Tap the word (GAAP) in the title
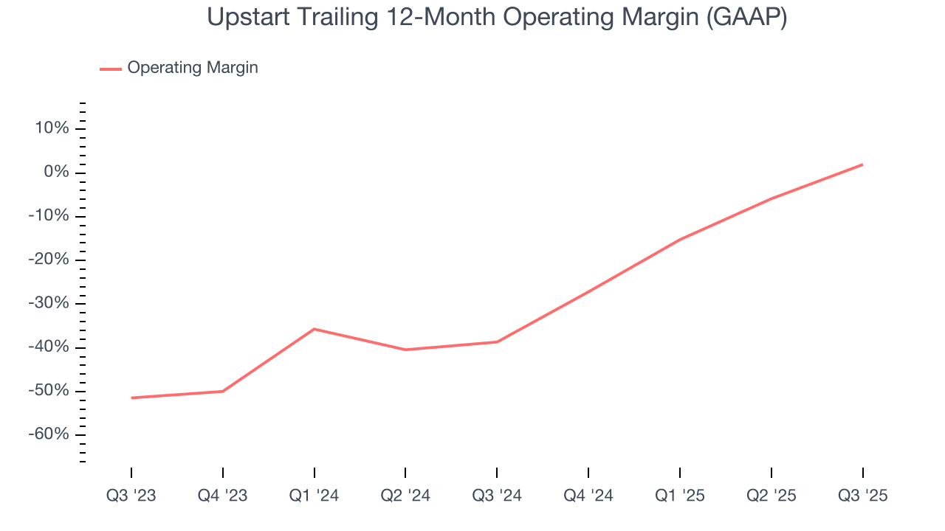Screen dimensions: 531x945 [746, 16]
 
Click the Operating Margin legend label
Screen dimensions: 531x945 [193, 68]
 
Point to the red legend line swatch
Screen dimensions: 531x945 [111, 69]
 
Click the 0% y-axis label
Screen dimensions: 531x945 [56, 173]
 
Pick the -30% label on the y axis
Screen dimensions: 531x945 [49, 304]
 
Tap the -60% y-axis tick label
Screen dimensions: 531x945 [49, 434]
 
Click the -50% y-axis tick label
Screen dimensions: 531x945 [49, 391]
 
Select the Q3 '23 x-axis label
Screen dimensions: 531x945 [131, 496]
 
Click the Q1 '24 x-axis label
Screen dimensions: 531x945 [315, 496]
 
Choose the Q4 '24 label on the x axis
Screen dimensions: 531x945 [588, 496]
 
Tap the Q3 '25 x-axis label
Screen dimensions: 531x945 [862, 496]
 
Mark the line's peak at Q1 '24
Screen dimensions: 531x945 [315, 329]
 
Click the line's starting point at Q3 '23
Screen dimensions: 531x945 [131, 398]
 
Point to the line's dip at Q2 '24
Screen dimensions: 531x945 [405, 350]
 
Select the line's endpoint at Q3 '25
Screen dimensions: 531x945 [862, 164]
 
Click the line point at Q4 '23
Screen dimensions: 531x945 [223, 391]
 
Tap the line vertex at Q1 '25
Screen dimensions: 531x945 [680, 239]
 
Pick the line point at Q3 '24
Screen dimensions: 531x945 [497, 341]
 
